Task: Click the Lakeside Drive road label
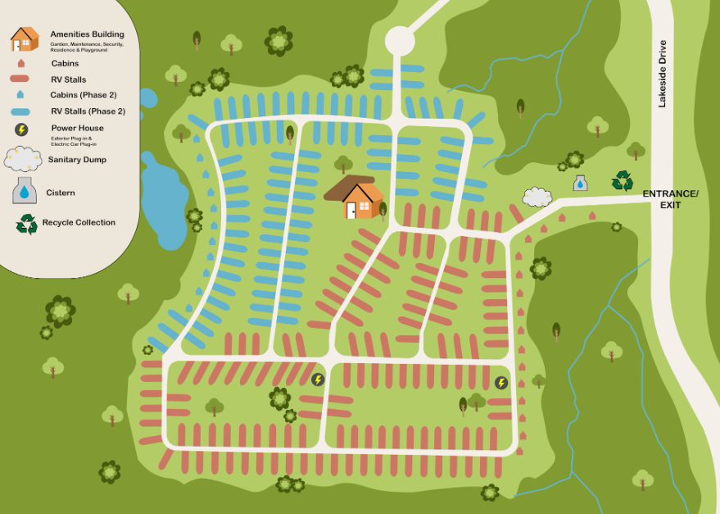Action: [662, 74]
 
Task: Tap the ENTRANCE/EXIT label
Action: [670, 198]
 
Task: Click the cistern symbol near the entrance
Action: [580, 183]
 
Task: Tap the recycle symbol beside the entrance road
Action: [623, 180]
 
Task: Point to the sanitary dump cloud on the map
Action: [537, 197]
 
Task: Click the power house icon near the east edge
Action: [501, 383]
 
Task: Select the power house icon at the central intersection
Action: [318, 379]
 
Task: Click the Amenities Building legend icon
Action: [25, 39]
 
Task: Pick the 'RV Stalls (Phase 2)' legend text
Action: [88, 111]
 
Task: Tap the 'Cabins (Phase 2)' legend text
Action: [84, 95]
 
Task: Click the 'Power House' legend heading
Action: [77, 128]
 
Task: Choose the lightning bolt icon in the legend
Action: [22, 130]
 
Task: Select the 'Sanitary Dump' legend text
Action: [77, 159]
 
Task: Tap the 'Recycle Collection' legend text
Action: [79, 222]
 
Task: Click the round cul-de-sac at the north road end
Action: [400, 39]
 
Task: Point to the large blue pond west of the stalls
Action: [165, 205]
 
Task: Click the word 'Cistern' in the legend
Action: [60, 193]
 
